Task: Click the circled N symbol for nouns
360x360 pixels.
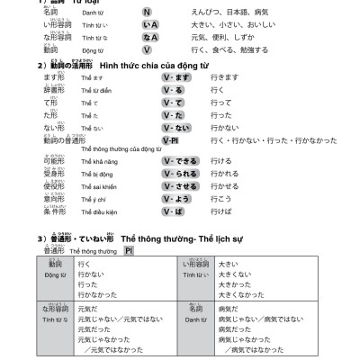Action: tap(147, 13)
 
